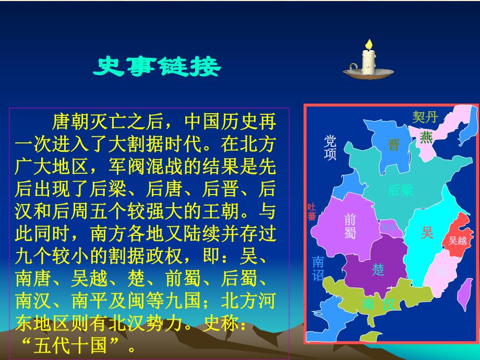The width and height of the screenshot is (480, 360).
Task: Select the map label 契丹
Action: (x=425, y=117)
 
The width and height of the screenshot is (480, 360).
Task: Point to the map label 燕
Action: (x=426, y=137)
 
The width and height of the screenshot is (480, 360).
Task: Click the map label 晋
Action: (x=393, y=145)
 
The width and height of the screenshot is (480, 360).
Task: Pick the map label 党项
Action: (x=330, y=148)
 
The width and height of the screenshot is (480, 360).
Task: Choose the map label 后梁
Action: (x=400, y=190)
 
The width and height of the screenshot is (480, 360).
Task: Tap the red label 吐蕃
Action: (x=312, y=212)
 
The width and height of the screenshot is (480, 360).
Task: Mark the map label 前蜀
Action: (x=350, y=227)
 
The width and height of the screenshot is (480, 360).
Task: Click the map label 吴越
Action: (x=458, y=240)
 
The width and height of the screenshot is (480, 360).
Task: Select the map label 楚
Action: (x=378, y=269)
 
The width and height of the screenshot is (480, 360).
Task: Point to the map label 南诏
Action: (x=318, y=268)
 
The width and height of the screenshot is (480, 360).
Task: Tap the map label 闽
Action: (x=441, y=271)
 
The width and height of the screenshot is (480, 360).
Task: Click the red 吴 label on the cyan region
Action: (x=427, y=232)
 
